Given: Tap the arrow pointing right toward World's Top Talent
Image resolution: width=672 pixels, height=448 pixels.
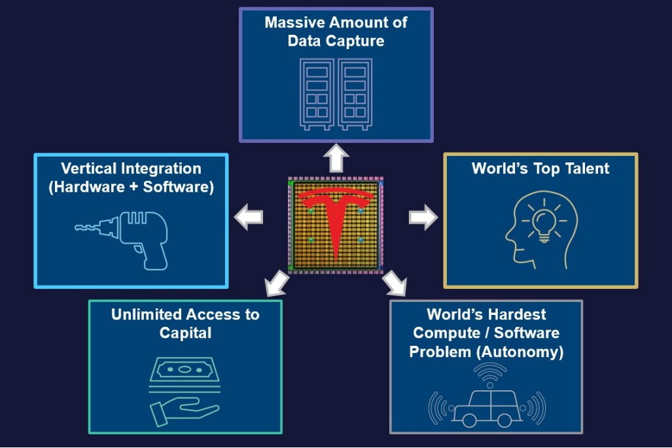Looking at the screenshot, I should (x=423, y=217).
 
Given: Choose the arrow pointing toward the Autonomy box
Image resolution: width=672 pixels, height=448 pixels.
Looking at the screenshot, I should (x=395, y=284).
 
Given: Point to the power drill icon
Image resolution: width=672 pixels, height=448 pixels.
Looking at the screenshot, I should (x=128, y=236).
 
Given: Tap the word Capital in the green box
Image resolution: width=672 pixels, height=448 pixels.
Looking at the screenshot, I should (x=185, y=333).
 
